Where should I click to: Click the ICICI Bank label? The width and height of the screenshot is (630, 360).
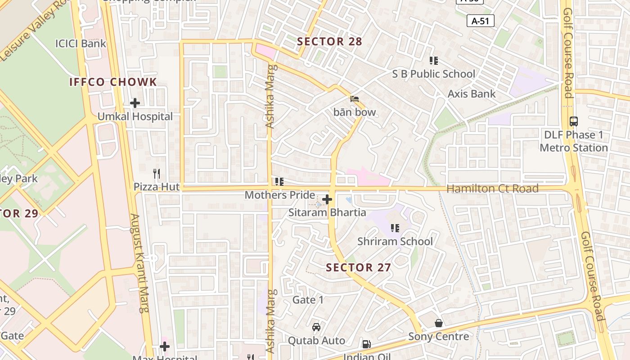point(81,44)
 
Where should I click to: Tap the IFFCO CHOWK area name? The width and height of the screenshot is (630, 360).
point(113,82)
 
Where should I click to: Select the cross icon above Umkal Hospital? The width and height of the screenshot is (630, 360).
point(135,103)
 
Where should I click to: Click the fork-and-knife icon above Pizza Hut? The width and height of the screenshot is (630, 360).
point(157,174)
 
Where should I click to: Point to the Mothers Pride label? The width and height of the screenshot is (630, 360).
point(279,195)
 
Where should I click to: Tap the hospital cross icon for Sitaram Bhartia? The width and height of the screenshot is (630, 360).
point(327,199)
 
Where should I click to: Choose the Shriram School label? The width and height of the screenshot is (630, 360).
point(395,241)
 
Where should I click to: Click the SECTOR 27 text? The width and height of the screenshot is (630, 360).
point(358,267)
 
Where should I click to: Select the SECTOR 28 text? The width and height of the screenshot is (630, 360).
point(329,41)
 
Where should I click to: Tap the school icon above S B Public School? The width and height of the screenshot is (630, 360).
point(434,61)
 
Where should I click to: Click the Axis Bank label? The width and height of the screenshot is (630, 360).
point(471,94)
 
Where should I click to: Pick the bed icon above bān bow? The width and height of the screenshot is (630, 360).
point(355,99)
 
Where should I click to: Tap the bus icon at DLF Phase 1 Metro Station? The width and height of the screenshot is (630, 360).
point(574,121)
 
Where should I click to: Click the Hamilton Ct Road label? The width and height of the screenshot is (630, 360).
point(492,189)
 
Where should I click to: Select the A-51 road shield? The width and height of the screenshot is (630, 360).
point(481,21)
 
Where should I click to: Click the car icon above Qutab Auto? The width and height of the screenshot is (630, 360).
point(316,327)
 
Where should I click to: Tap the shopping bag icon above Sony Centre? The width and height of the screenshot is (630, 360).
point(439,323)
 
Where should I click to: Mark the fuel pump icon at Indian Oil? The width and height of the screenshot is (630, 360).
point(367,344)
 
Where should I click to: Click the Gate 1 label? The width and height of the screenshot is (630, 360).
point(308,300)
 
